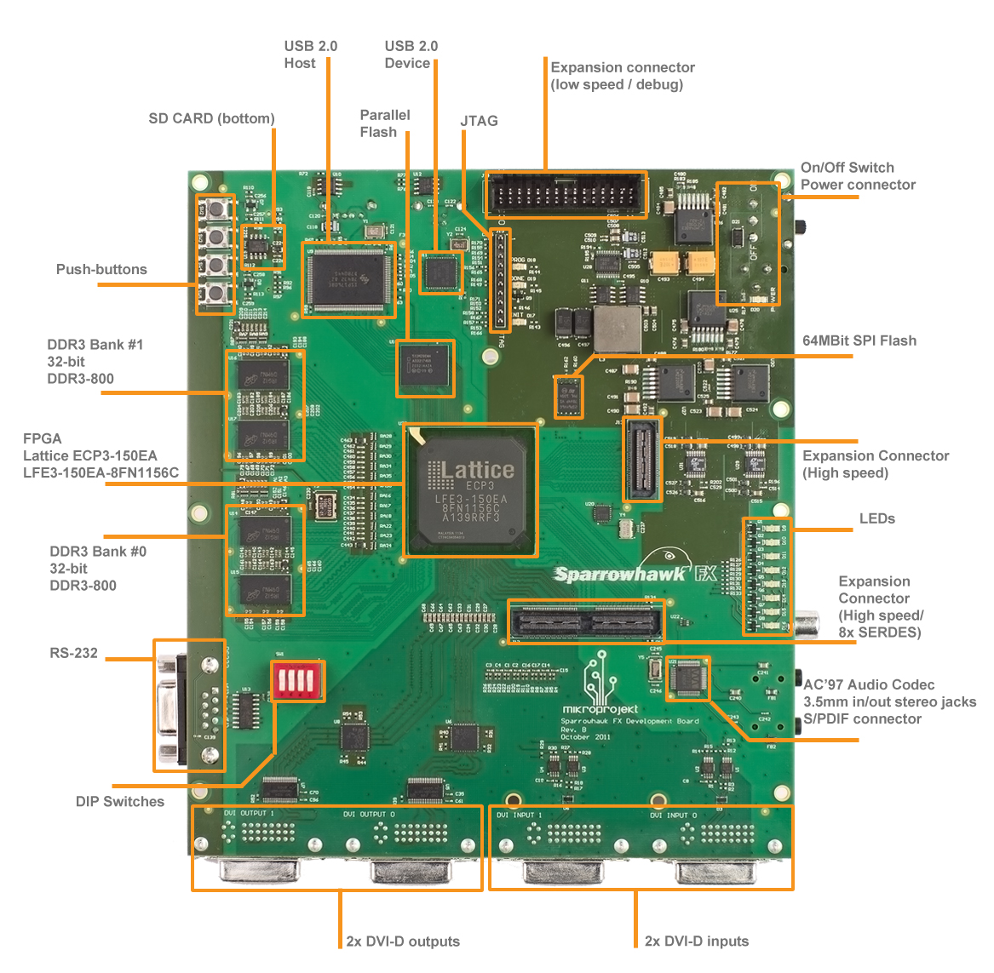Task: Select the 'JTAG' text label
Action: tap(479, 121)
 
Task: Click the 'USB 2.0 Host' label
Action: tap(310, 54)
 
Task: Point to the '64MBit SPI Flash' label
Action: tap(859, 341)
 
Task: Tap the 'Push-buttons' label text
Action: tap(101, 269)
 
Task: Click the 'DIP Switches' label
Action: tap(120, 801)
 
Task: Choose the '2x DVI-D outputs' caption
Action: tap(403, 941)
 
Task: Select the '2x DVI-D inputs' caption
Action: tap(697, 941)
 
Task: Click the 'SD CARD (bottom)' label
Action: tap(211, 118)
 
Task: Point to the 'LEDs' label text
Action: tap(876, 518)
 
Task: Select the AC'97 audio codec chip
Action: tap(687, 678)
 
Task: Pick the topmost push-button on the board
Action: tap(216, 207)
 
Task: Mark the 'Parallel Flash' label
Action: tap(384, 123)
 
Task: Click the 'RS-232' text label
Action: tap(73, 653)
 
